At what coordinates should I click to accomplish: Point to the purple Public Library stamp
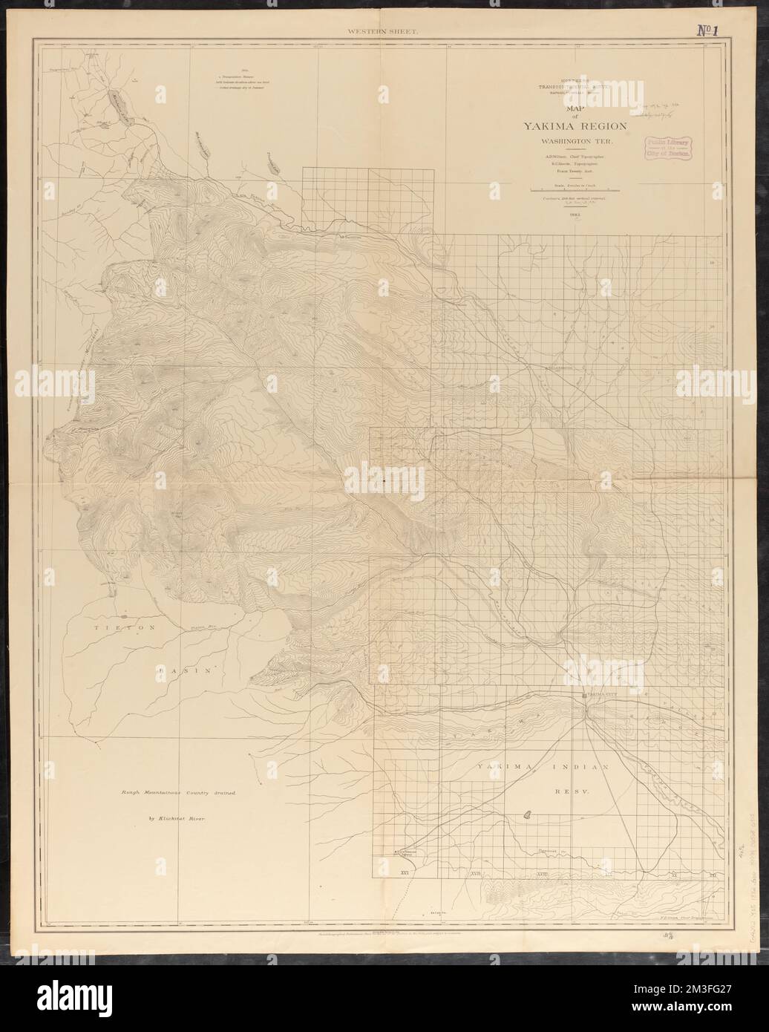[x=670, y=146]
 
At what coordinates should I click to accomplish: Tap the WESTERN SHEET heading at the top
[x=369, y=32]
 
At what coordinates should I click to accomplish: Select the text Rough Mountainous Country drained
[x=178, y=793]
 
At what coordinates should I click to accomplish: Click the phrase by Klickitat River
[x=175, y=819]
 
